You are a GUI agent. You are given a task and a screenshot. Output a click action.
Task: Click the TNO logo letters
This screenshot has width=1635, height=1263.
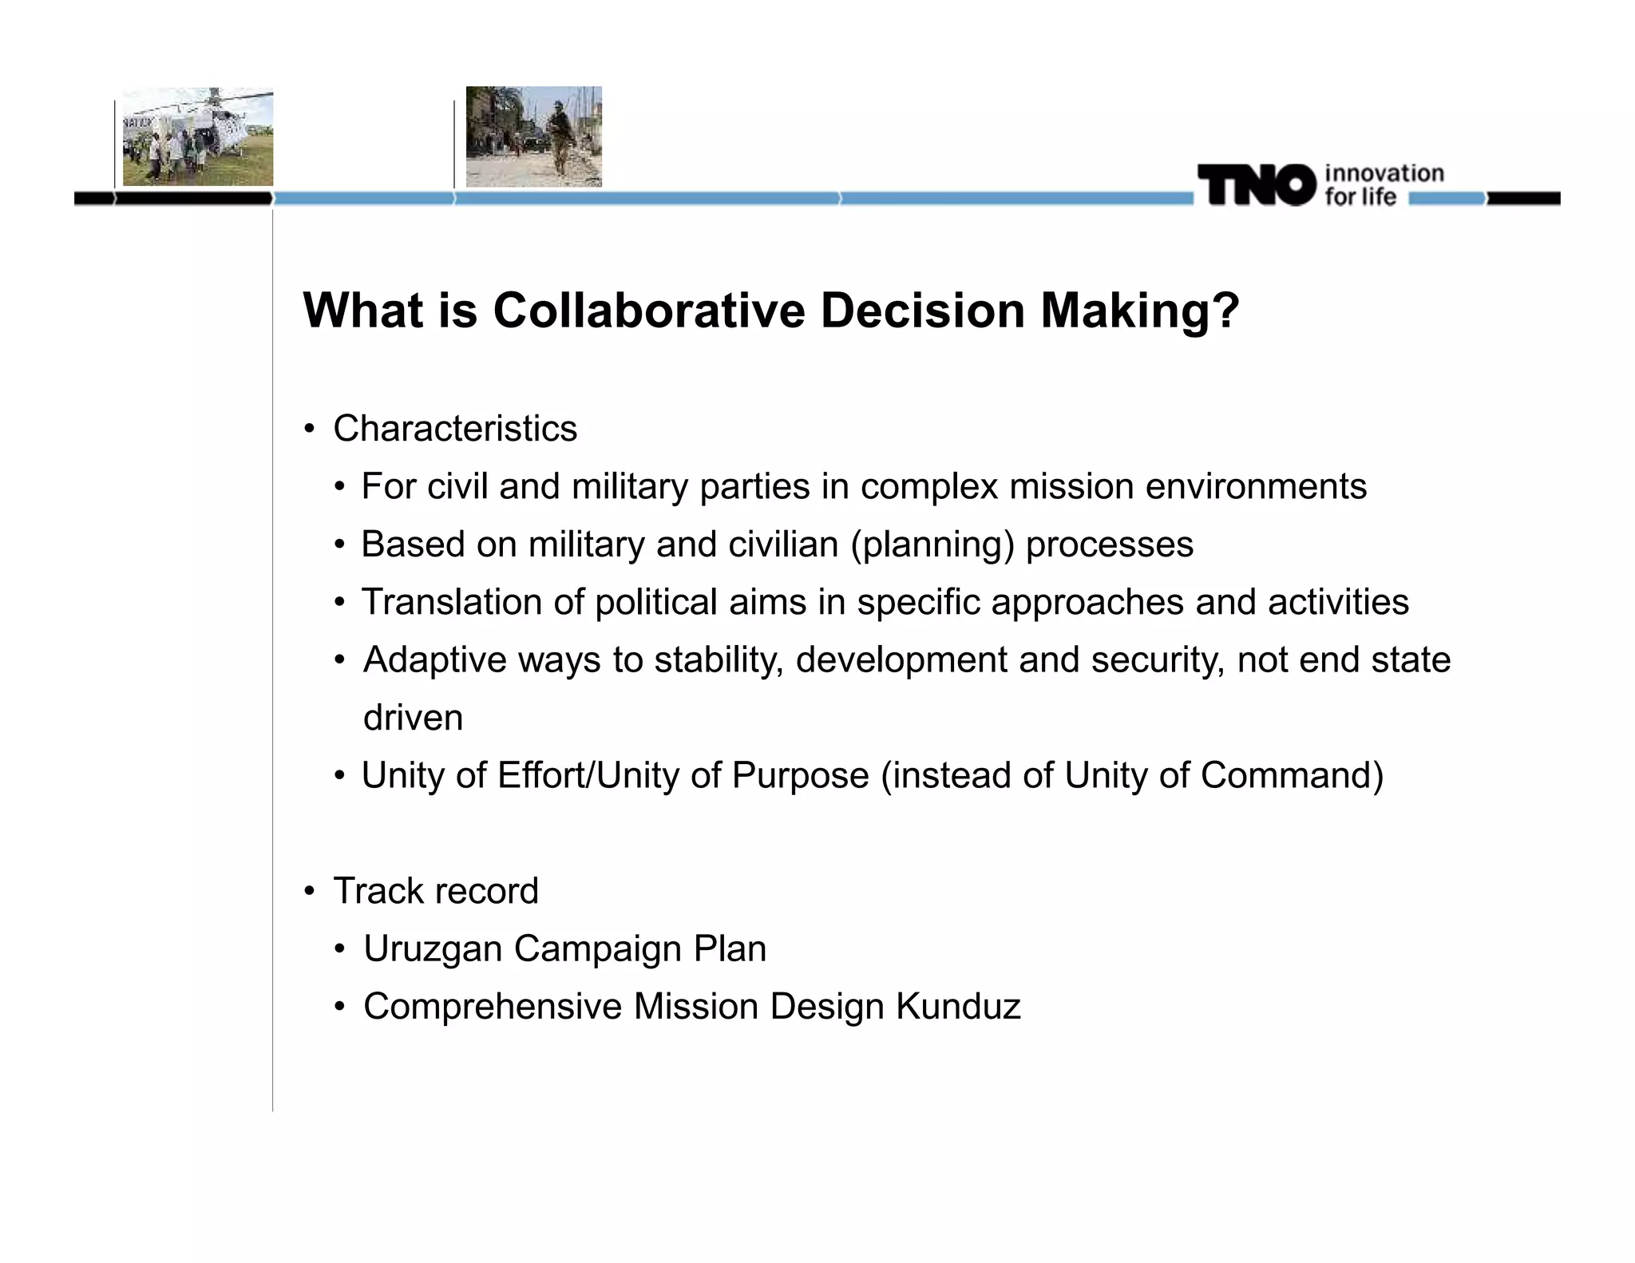[1256, 185]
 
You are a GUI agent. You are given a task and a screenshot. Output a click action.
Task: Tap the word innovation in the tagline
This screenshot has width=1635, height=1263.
[1384, 173]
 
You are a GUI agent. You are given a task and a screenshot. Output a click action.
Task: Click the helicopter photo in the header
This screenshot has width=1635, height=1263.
[198, 137]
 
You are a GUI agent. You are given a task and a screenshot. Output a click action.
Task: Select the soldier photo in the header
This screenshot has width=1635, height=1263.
[533, 137]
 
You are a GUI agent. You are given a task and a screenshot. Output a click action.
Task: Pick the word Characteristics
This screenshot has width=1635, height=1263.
[455, 429]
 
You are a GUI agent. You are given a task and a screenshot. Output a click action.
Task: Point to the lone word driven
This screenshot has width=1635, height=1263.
[413, 718]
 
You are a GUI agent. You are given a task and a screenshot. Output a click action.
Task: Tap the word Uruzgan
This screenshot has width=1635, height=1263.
[432, 949]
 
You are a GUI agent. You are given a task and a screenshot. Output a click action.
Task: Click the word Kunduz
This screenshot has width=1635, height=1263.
[958, 1007]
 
